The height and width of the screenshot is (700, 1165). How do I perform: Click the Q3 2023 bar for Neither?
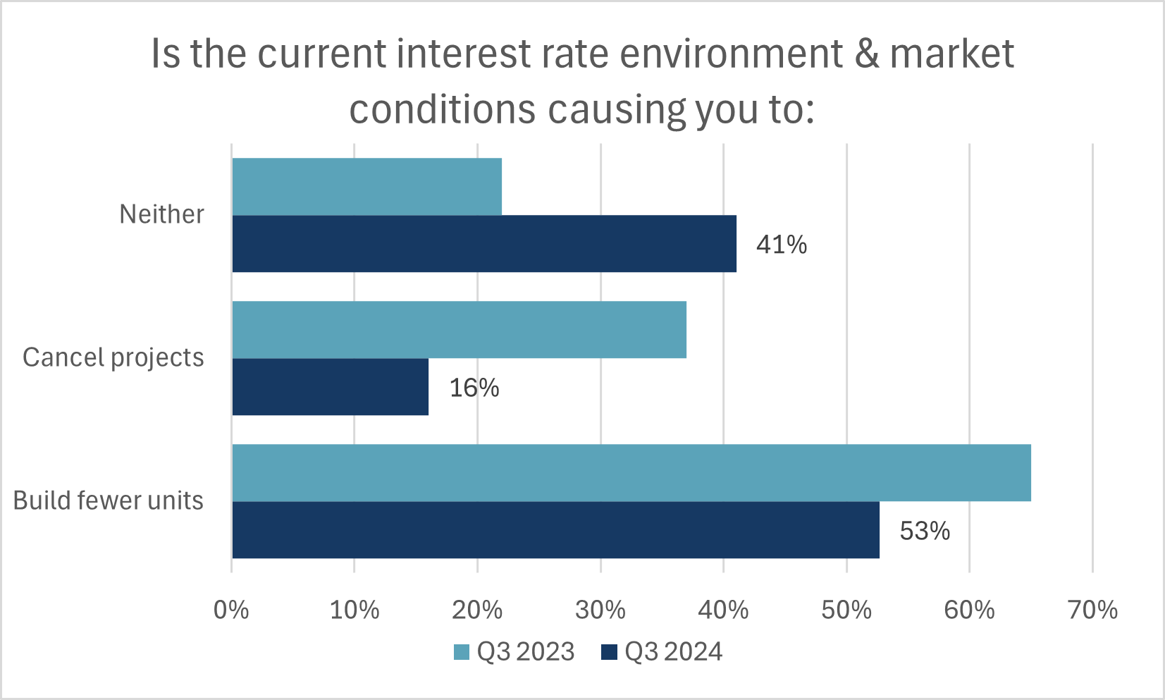366,187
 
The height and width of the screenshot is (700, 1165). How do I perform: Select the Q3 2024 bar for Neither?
484,244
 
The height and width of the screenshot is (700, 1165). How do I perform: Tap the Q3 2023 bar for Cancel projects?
459,330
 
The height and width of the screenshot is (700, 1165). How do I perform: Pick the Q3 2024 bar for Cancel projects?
330,387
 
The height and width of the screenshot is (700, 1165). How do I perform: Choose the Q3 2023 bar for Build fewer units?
631,473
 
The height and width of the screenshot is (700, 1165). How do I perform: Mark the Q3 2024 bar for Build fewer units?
555,530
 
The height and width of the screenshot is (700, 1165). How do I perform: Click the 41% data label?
782,245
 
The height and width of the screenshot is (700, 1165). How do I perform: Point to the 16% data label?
474,388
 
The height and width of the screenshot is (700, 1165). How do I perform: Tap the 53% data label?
925,531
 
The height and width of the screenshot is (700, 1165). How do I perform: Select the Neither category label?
161,214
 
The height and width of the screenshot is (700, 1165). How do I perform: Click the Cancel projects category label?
113,357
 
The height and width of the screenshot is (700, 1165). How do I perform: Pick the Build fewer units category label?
108,501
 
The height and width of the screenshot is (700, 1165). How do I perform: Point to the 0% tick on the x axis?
231,610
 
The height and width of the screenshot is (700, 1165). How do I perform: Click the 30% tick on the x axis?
600,610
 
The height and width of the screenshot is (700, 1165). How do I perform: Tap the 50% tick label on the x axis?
846,610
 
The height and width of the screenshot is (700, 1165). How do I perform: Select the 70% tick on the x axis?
1092,610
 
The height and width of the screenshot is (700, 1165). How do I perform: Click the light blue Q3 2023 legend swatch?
462,652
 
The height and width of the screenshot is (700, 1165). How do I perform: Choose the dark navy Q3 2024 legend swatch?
609,652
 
